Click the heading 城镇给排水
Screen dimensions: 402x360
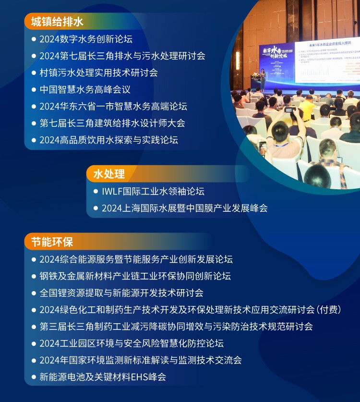coord(57,22)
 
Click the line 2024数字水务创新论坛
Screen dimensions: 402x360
coord(86,39)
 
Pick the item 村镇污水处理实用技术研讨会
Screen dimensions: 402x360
coord(98,73)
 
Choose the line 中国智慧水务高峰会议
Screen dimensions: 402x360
coord(85,89)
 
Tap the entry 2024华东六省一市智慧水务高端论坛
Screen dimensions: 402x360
coord(113,106)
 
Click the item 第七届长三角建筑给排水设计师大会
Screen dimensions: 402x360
coord(112,123)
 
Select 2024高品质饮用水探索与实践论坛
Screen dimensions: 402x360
coord(109,140)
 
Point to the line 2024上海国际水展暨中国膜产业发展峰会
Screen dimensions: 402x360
coord(185,208)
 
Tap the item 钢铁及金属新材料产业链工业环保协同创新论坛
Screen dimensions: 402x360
coord(135,276)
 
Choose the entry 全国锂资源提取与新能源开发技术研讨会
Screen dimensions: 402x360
coord(121,292)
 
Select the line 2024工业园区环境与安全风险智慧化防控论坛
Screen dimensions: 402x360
coord(132,343)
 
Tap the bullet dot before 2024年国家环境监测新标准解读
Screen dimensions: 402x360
coord(34,360)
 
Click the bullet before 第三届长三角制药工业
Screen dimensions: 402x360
coord(34,326)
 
